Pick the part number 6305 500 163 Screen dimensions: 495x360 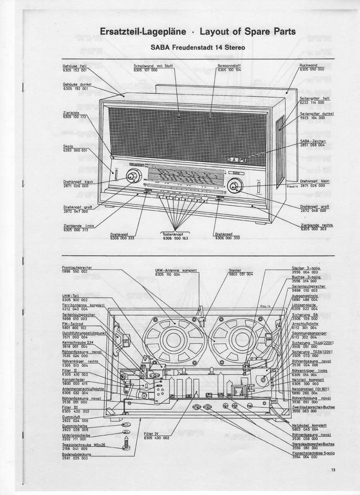(x=175, y=238)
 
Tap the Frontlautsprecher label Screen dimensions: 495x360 (x=77, y=267)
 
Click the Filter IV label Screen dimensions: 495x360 (x=151, y=434)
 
